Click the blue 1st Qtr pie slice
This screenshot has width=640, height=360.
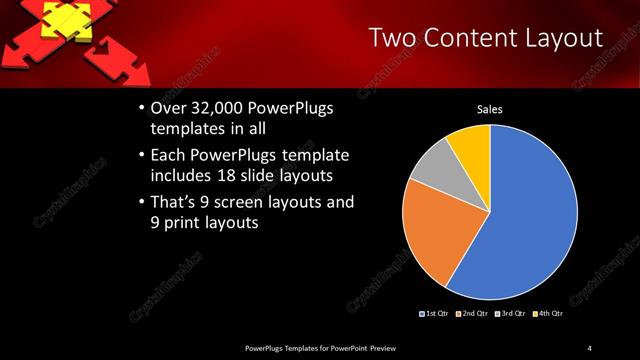530,220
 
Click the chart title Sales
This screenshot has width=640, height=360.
489,110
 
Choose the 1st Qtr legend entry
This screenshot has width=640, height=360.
435,314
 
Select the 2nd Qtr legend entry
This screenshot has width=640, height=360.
473,314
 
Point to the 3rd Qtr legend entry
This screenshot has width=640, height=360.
510,314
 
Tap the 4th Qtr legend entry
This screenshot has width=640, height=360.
548,314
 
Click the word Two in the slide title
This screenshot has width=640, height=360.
393,38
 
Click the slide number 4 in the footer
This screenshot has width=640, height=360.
590,347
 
